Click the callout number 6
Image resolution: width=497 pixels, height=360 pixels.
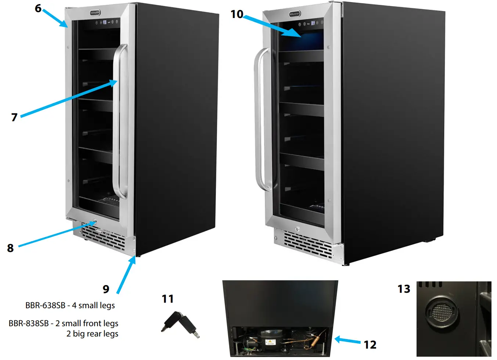point(38,8)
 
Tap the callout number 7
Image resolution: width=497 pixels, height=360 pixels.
point(14,117)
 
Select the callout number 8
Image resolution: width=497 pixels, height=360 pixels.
point(10,248)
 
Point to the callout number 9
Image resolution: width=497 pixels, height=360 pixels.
point(106,289)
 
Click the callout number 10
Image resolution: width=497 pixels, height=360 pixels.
point(237,14)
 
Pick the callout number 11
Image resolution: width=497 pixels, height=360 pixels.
point(168,299)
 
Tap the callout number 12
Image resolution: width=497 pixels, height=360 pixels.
point(370,345)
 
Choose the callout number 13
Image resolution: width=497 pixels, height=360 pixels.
point(404,289)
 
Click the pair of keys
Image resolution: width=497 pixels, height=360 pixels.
point(180,324)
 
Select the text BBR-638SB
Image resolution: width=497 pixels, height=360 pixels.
point(45,305)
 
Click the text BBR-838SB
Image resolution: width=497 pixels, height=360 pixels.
point(29,323)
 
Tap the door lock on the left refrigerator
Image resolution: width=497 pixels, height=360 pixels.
point(94,222)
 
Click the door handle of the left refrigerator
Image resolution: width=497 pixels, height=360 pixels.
point(120,121)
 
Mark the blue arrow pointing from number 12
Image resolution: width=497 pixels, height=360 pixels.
point(347,340)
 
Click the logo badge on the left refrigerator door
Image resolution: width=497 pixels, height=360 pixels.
point(95,13)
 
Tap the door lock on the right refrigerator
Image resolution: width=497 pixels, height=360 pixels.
point(297,229)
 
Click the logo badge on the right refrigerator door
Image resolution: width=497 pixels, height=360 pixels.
point(295,14)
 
